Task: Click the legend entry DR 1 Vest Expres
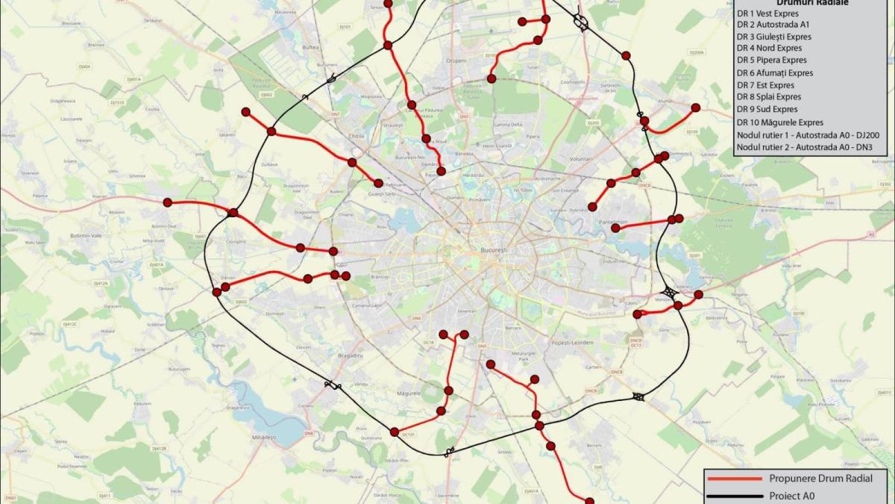(767, 13)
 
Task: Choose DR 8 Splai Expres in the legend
(768, 96)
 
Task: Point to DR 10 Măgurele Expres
(779, 122)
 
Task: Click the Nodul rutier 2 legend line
(804, 147)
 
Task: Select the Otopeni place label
(455, 60)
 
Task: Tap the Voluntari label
(580, 159)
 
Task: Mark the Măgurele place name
(409, 392)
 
